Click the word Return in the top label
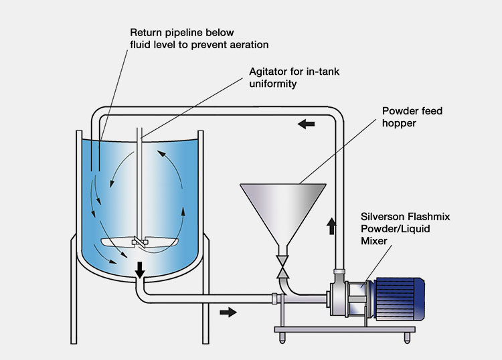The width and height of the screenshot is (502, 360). (x=147, y=33)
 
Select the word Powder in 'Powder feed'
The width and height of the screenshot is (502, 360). (x=398, y=111)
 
